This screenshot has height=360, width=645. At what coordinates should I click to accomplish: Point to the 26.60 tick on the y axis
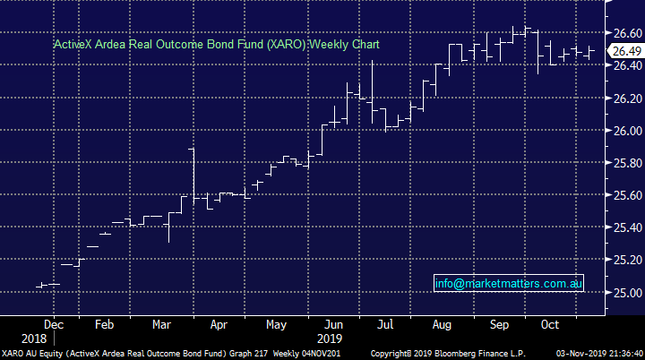[x=625, y=32]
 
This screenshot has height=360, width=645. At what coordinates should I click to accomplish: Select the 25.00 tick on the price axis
[x=625, y=293]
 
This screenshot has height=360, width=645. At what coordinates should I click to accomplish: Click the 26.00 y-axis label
[x=625, y=130]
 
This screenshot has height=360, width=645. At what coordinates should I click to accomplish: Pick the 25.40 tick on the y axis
[x=625, y=227]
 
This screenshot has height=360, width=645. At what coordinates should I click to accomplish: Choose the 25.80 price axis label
[x=625, y=163]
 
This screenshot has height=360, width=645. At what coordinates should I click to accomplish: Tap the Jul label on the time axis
[x=384, y=323]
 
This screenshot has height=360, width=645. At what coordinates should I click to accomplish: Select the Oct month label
[x=548, y=323]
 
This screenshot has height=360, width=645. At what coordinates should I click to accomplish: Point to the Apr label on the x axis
[x=219, y=323]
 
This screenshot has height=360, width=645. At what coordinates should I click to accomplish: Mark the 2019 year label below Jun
[x=328, y=339]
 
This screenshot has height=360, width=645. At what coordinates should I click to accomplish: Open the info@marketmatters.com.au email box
[x=509, y=283]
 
